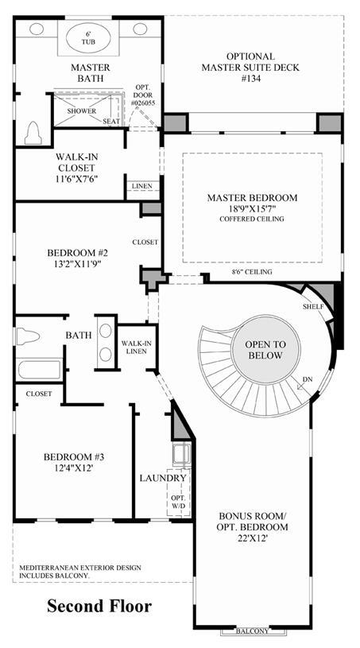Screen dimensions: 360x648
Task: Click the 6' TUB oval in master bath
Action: (x=88, y=37)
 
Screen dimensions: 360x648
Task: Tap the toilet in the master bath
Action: (x=33, y=133)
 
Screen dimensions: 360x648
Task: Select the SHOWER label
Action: (x=82, y=111)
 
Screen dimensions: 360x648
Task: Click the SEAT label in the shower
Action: (x=111, y=121)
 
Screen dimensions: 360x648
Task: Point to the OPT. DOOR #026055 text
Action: (x=143, y=95)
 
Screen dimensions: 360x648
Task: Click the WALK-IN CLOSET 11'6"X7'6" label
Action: (x=75, y=168)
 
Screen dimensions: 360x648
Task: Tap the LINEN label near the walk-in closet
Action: (x=141, y=186)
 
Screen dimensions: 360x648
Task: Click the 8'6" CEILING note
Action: (x=251, y=271)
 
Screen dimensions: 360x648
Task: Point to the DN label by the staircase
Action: (x=308, y=379)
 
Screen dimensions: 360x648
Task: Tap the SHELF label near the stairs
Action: (x=312, y=306)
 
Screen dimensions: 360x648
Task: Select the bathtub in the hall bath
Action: (x=40, y=369)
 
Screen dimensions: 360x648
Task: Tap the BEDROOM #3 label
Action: (x=75, y=462)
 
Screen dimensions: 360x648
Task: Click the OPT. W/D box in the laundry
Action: (x=179, y=492)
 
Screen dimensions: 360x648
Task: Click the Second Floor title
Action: (x=99, y=607)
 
